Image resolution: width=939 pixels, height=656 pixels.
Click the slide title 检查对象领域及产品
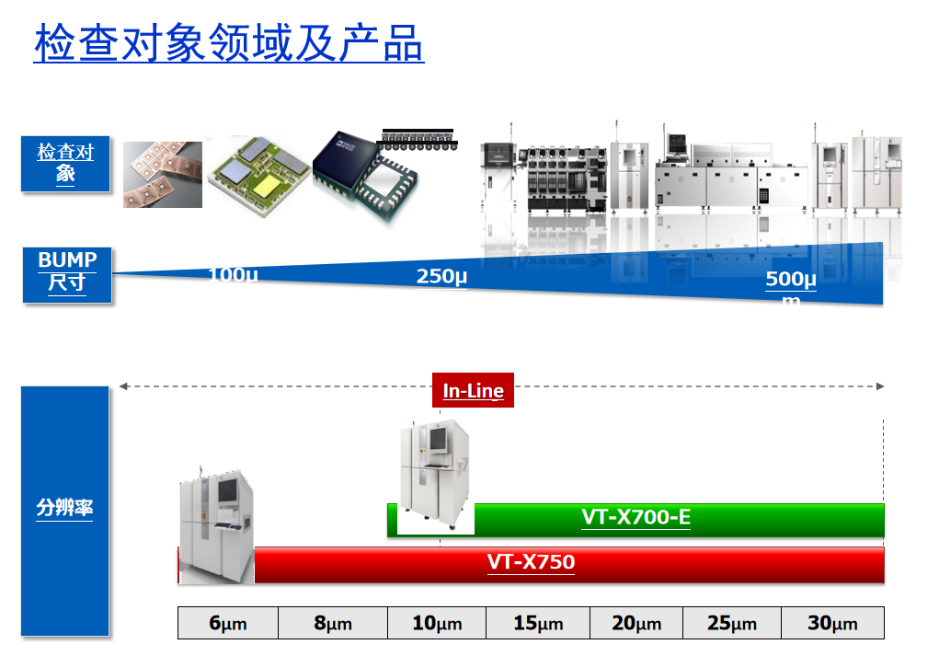point(229,42)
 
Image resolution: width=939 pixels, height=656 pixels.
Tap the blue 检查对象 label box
point(65,164)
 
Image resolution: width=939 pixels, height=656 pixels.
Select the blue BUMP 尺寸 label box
point(67,273)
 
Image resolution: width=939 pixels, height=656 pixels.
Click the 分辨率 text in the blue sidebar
point(65,507)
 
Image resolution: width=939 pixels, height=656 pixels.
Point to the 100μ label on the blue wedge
point(233,274)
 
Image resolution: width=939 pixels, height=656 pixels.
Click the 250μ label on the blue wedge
point(441,276)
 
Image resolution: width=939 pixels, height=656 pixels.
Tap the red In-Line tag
point(473,391)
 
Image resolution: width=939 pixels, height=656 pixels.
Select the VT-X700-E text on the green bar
point(636,517)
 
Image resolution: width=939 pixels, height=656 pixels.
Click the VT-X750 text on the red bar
point(531,562)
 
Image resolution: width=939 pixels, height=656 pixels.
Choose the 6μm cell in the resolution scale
point(228,623)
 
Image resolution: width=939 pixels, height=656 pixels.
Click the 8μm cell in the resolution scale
point(333,623)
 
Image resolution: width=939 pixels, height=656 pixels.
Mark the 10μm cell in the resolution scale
point(437,623)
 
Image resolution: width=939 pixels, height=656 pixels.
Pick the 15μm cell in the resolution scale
point(538,623)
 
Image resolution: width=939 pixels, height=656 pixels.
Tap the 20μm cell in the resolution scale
point(636,623)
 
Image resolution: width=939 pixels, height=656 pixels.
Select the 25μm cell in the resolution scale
point(732,623)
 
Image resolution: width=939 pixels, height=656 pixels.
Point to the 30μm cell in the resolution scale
point(832,623)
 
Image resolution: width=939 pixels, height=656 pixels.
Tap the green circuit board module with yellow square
point(257,173)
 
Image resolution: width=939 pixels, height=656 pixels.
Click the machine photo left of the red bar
point(216,524)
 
